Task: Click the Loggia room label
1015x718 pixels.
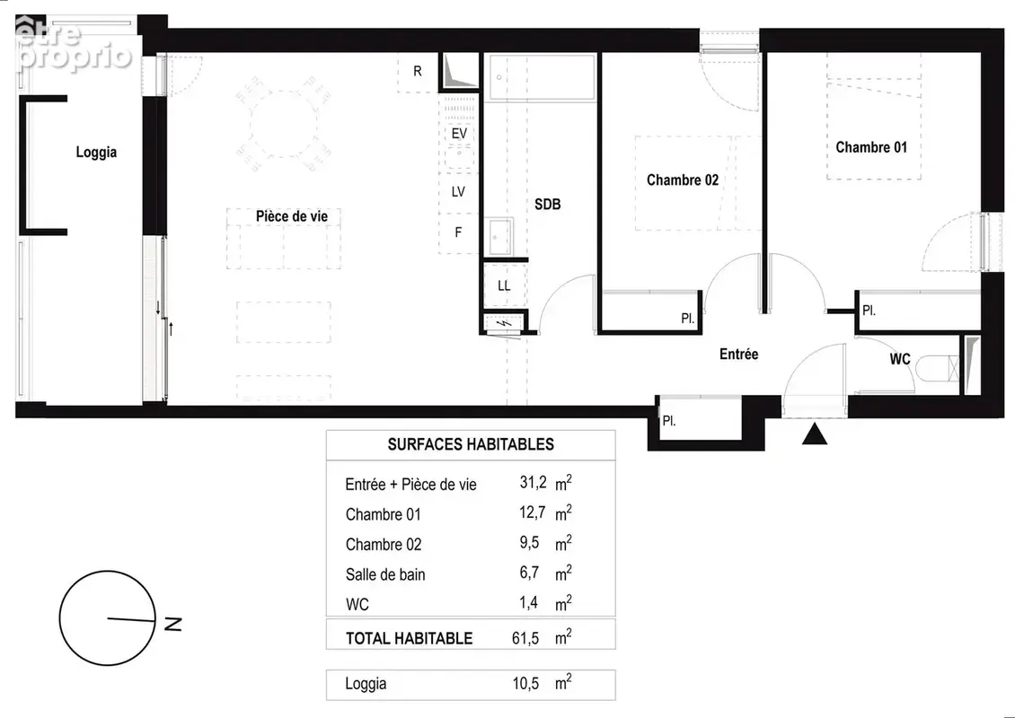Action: click(96, 152)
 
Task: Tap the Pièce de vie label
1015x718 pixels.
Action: click(292, 216)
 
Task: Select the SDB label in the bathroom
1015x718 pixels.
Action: click(548, 205)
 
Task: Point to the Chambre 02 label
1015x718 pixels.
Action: click(683, 179)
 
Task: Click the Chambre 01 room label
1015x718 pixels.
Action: click(871, 147)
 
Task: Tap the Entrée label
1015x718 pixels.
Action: click(738, 354)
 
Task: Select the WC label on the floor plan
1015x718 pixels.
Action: click(900, 359)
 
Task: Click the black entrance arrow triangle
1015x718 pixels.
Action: click(815, 433)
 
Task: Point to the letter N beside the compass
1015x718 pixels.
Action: click(173, 624)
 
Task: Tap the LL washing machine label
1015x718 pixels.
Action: click(504, 285)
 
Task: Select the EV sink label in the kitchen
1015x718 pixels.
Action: click(459, 134)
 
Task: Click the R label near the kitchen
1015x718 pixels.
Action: click(418, 71)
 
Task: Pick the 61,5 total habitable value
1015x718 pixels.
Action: click(525, 638)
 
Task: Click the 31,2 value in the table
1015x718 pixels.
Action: click(533, 482)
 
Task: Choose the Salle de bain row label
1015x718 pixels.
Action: click(385, 574)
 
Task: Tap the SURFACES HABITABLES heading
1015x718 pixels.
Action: click(471, 444)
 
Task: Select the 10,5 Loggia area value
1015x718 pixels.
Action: click(525, 684)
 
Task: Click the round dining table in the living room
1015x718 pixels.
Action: click(284, 124)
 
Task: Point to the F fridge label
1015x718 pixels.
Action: click(458, 232)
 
